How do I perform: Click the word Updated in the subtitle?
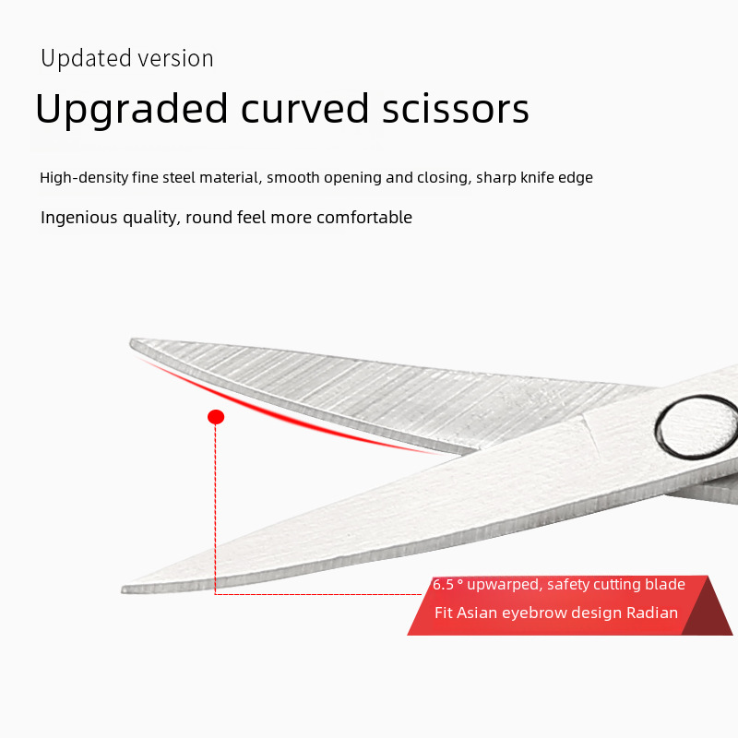(x=86, y=58)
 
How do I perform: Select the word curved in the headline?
(x=305, y=109)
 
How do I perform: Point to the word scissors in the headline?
(x=456, y=109)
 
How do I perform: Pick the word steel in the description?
(x=178, y=177)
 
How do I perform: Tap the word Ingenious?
(x=79, y=218)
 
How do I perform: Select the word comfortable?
(x=364, y=218)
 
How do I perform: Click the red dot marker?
(x=216, y=417)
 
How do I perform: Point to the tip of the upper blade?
(x=132, y=341)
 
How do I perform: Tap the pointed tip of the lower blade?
(x=124, y=589)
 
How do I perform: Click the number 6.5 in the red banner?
(x=444, y=585)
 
